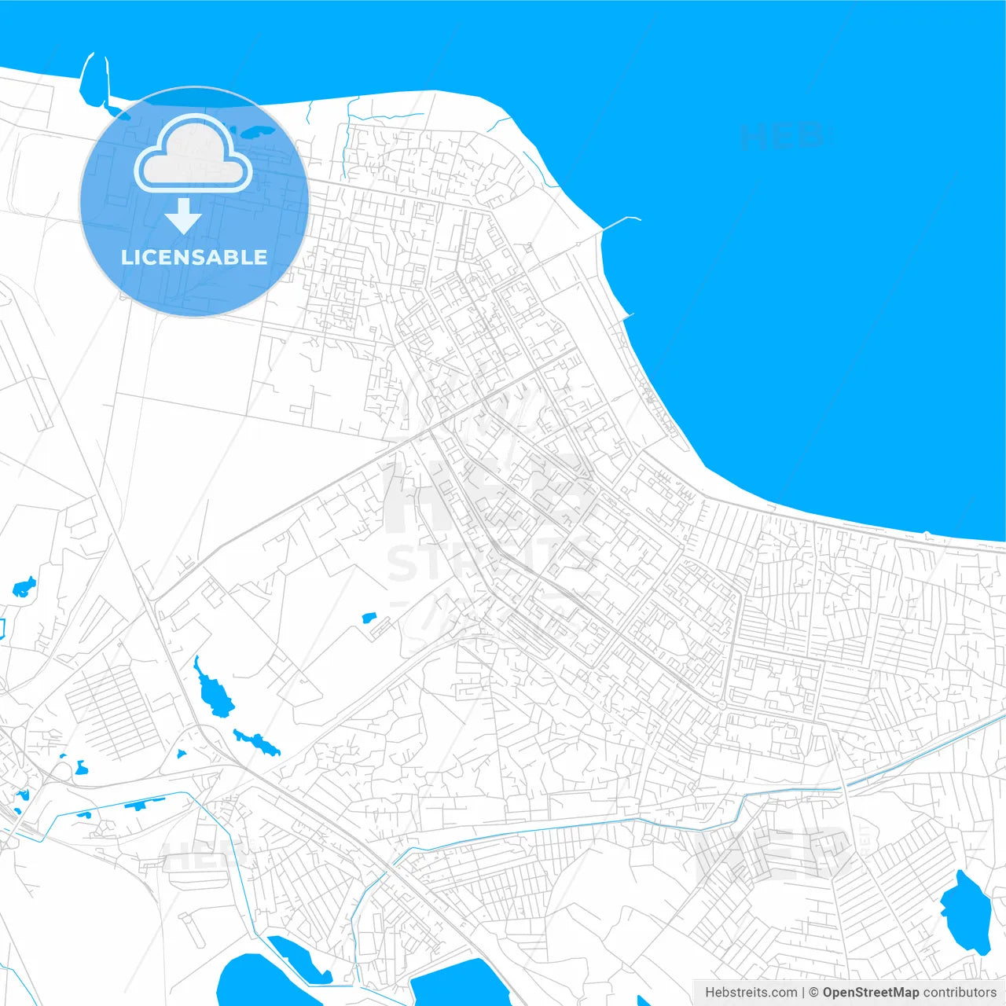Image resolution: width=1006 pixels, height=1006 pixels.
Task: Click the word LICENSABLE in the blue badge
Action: coord(194,257)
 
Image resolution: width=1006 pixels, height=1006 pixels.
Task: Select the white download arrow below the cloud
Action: coord(183,216)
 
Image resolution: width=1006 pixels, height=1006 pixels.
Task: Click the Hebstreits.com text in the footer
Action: coord(751,993)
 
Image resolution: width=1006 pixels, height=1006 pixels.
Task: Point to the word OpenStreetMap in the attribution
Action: coord(871,993)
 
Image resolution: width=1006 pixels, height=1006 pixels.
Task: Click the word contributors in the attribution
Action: coord(960,993)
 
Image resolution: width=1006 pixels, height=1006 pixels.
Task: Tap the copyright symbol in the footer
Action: coord(813,993)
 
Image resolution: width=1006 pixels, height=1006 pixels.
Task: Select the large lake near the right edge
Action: coord(966,912)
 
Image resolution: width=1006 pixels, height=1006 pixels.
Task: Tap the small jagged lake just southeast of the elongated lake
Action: coord(258,742)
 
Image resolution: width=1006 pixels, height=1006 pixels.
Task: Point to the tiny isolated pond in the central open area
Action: coord(369,619)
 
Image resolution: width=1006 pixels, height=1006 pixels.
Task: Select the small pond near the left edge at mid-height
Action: coord(24,587)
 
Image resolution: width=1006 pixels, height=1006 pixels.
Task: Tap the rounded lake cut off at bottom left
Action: coord(251,982)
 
